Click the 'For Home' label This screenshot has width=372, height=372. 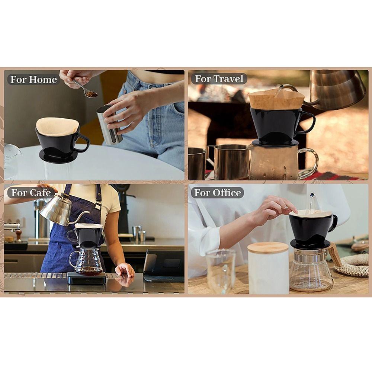click(33, 79)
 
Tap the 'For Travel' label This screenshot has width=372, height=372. click(219, 79)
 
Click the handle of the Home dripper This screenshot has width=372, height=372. click(83, 142)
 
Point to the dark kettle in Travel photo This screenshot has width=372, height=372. click(337, 89)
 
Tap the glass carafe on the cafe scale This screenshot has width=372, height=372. click(86, 260)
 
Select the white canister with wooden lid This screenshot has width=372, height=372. click(268, 268)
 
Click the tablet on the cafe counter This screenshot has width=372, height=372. click(164, 265)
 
